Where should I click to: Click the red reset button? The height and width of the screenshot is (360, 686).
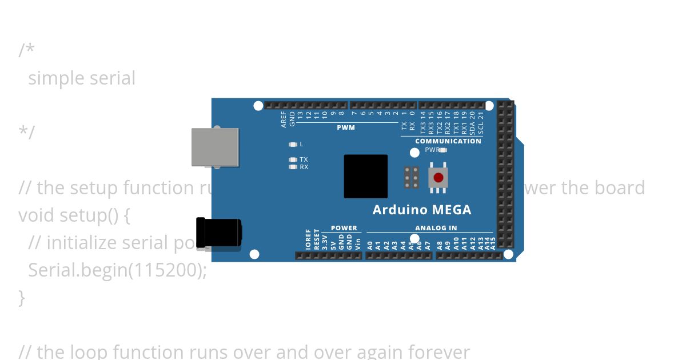point(438,178)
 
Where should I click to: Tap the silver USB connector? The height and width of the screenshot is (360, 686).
point(215,147)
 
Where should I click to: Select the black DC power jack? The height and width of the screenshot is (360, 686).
point(218,233)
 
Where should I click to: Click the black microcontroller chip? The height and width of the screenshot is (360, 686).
point(366,177)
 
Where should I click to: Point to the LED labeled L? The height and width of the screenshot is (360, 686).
point(293,145)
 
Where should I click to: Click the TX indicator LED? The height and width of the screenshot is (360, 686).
point(293,159)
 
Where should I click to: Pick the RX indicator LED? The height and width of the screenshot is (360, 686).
point(293,167)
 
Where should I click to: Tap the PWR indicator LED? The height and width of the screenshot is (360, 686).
point(442,150)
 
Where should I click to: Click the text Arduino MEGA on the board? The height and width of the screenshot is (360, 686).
point(422,210)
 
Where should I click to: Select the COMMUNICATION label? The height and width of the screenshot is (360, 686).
point(448,141)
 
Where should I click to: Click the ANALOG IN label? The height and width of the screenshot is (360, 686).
point(436,228)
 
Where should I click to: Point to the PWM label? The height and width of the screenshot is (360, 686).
point(346,127)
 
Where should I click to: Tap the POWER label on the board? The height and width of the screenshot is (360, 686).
point(344,228)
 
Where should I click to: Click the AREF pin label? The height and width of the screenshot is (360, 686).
point(284,119)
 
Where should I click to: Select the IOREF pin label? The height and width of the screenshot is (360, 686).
point(309,239)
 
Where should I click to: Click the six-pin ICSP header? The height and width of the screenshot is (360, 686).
point(411,178)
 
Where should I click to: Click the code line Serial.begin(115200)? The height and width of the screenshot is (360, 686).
point(117,270)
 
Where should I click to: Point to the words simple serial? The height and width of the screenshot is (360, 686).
point(82,78)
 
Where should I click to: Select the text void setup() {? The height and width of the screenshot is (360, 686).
point(74,215)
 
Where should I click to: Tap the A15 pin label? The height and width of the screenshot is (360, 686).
point(493,243)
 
